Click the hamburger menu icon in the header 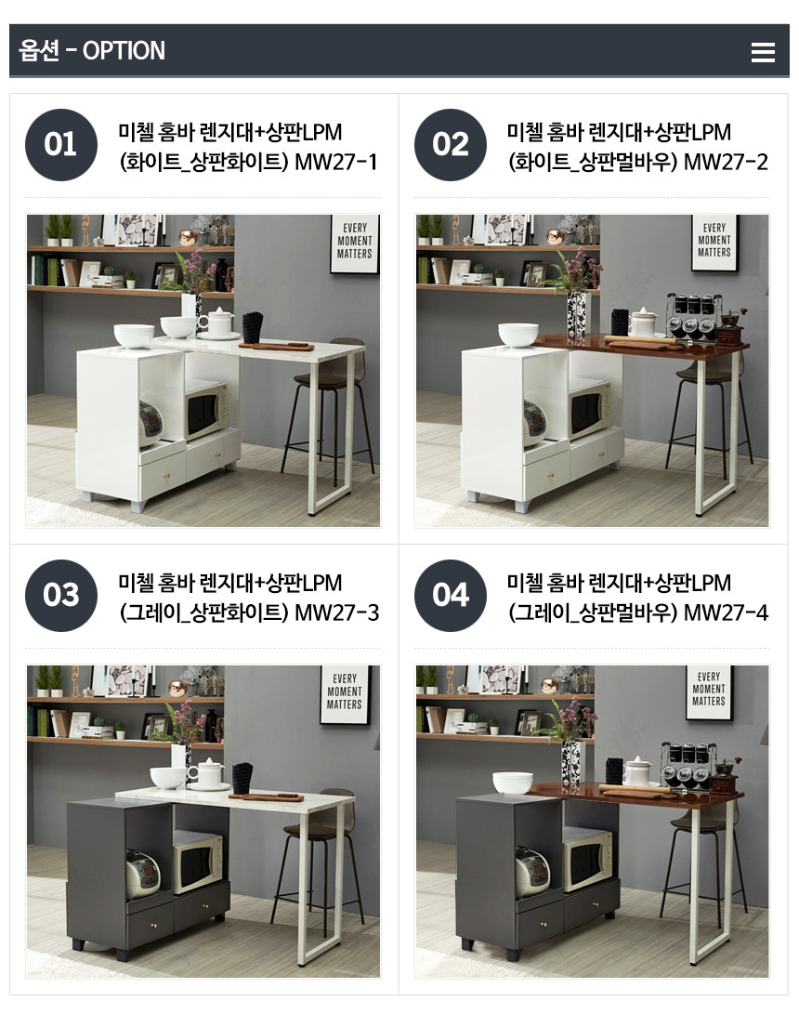click(763, 52)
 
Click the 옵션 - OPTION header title click(92, 50)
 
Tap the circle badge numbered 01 click(61, 145)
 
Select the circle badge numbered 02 click(451, 145)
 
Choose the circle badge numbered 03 click(61, 596)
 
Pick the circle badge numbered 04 click(451, 596)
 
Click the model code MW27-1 click(336, 162)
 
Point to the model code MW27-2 click(726, 162)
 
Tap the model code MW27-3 click(336, 612)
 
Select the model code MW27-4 click(726, 612)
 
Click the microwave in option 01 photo click(205, 411)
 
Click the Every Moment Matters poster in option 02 click(714, 243)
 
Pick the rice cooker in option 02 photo click(535, 419)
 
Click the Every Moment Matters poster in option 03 click(345, 694)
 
